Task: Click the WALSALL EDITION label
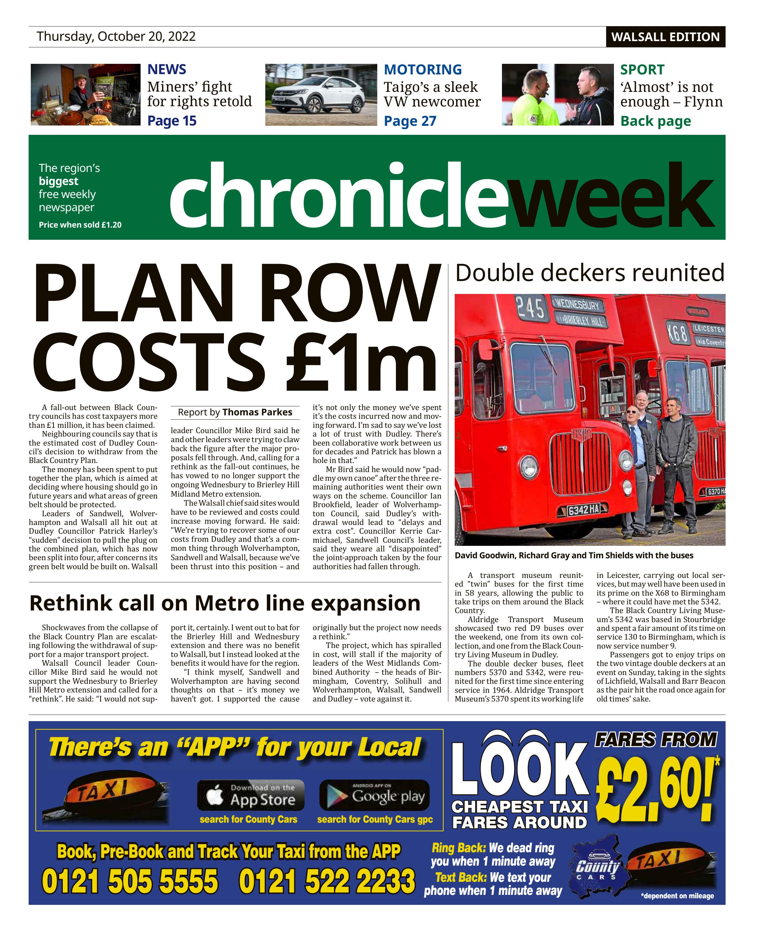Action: click(665, 37)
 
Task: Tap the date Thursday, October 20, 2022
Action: click(116, 36)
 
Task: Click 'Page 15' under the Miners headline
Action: click(172, 121)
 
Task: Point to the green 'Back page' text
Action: click(655, 121)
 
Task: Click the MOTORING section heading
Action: click(422, 69)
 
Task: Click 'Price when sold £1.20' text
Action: click(80, 225)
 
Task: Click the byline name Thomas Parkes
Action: click(257, 412)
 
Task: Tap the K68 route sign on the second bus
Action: click(677, 333)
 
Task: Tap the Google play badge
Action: click(374, 795)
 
